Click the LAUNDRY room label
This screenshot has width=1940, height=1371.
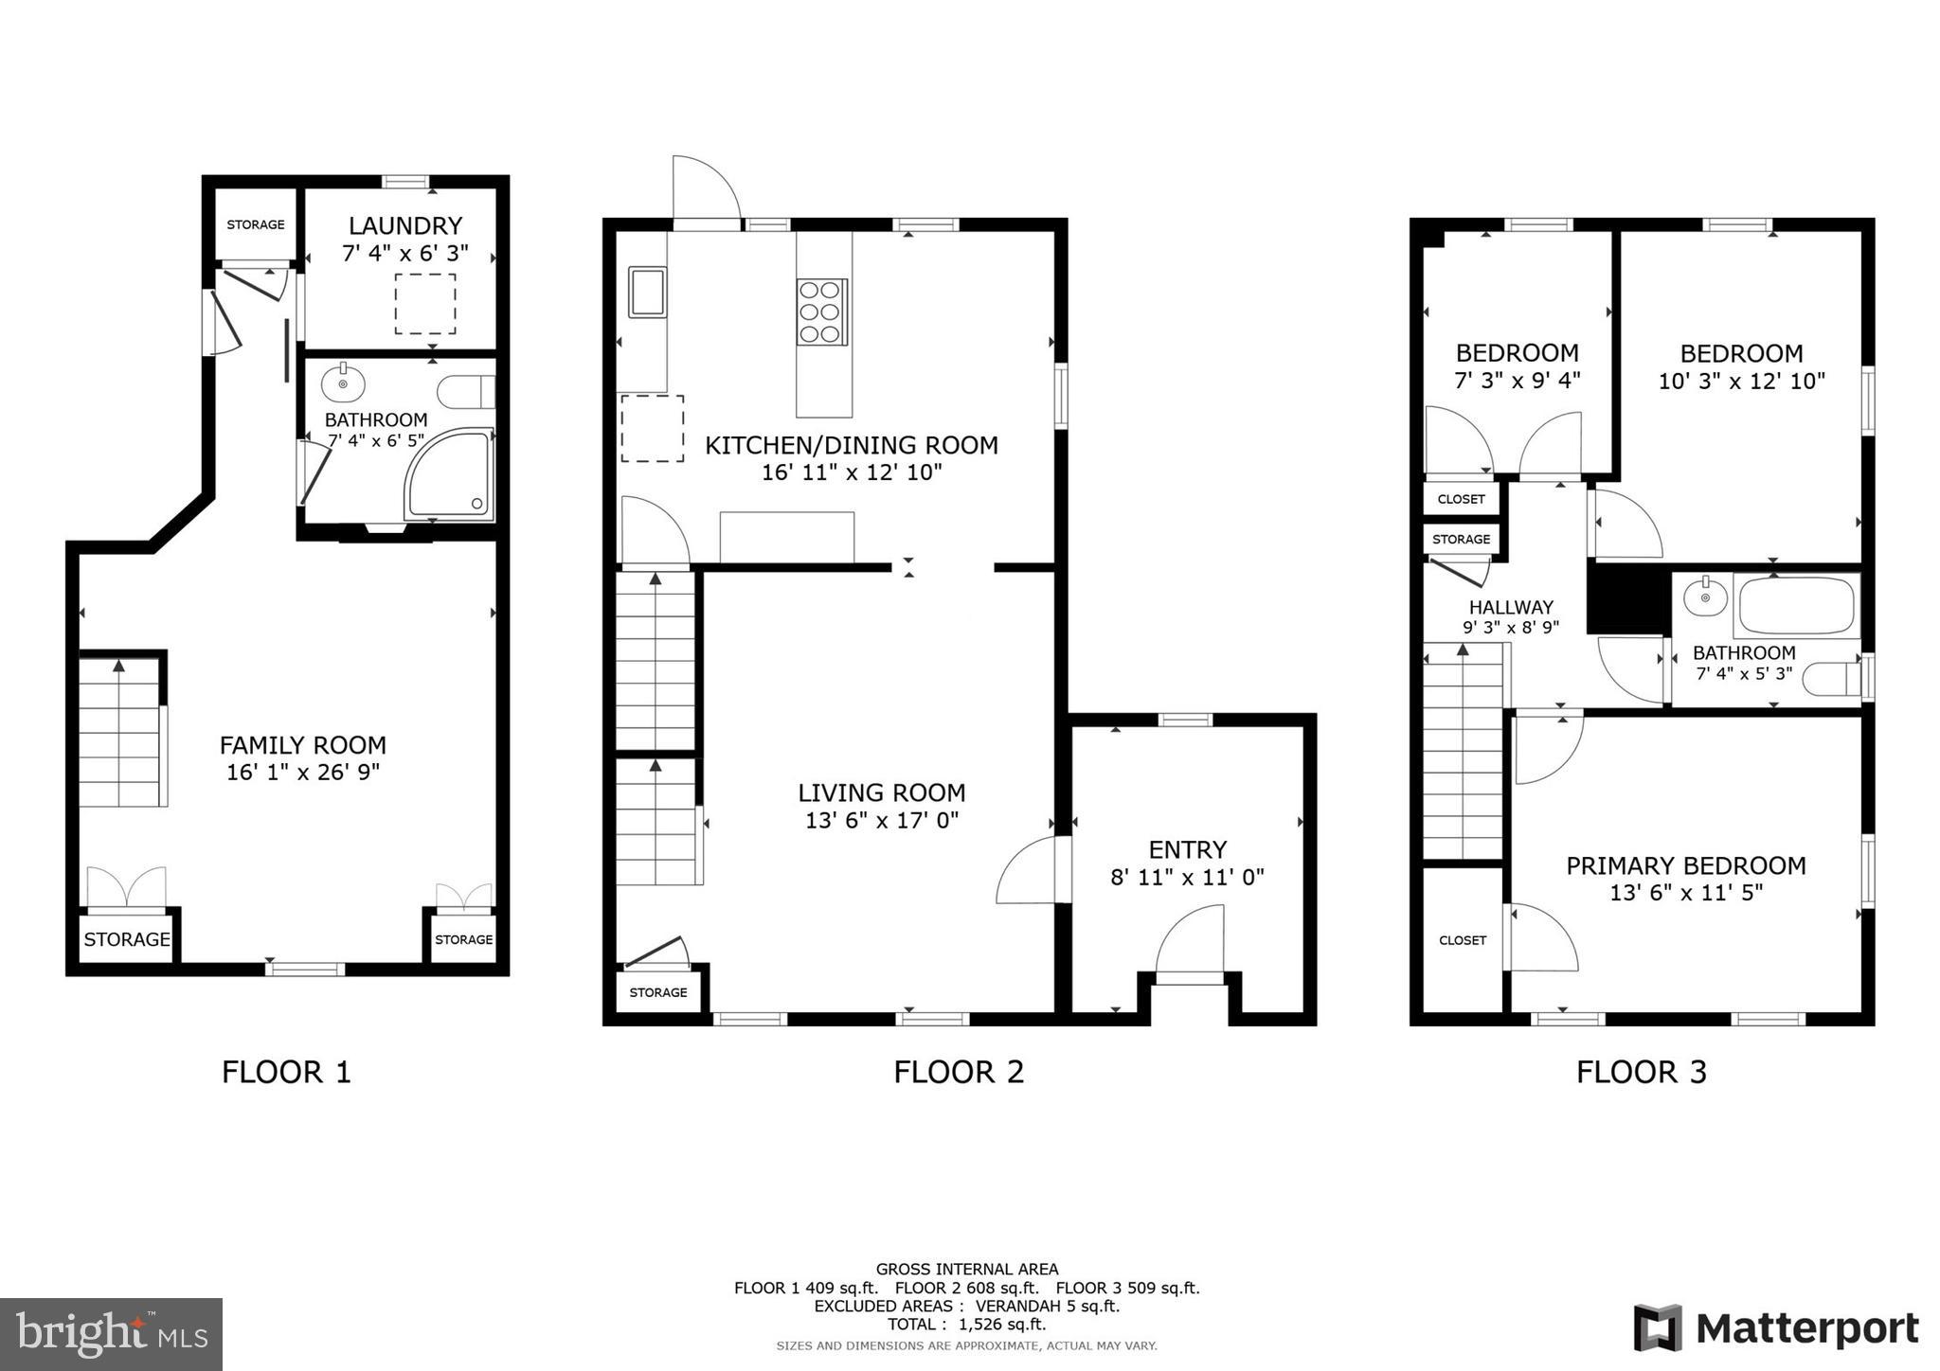click(405, 225)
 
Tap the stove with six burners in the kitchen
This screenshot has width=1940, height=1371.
click(821, 312)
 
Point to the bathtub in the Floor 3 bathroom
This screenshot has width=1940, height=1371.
click(1796, 607)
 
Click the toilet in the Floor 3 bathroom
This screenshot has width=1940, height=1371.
click(1830, 679)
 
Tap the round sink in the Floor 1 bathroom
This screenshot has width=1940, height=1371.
click(342, 384)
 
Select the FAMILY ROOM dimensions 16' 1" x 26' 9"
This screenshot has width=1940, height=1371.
click(303, 773)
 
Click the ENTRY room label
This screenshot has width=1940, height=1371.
click(1187, 849)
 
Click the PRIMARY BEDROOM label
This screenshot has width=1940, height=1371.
click(1685, 865)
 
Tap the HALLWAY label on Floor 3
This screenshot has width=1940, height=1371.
click(1511, 607)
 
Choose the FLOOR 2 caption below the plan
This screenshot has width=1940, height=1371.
click(959, 1072)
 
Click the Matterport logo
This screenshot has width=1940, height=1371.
click(1776, 1328)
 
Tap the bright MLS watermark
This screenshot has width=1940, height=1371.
click(111, 1334)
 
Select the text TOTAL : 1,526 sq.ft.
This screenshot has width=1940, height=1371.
click(966, 1325)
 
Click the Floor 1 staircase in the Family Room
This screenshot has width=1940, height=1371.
click(119, 732)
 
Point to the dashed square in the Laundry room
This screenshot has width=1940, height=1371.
click(425, 303)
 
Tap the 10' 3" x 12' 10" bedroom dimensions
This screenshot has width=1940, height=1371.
click(1741, 381)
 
